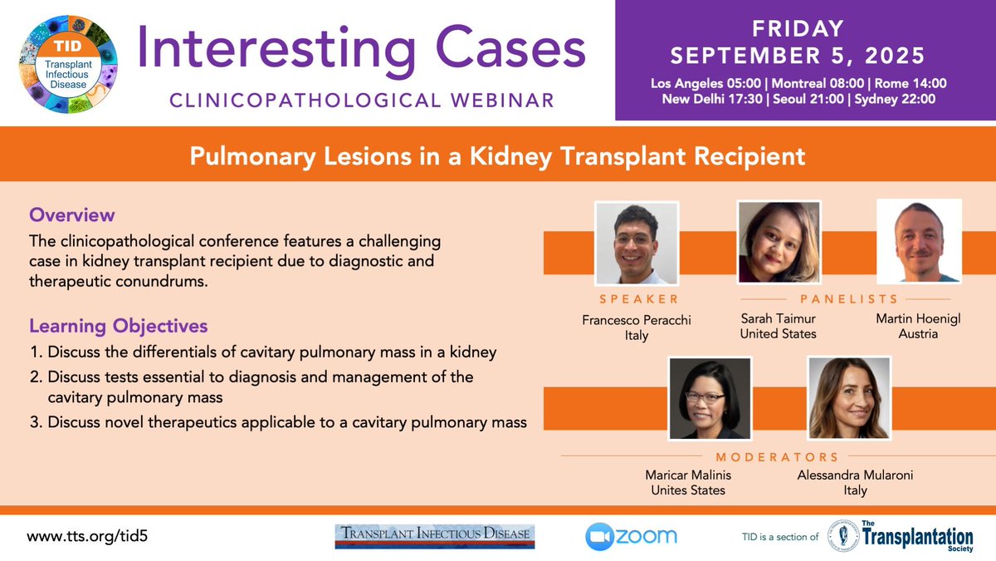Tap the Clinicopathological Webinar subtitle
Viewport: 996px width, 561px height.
coord(362,101)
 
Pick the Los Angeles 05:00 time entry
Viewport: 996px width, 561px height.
coord(701,83)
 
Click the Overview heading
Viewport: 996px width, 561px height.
coord(71,215)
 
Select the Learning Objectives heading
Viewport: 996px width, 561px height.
coord(118,325)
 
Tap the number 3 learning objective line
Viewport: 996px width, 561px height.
coord(278,421)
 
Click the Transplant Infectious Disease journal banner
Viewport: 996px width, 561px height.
coord(434,536)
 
